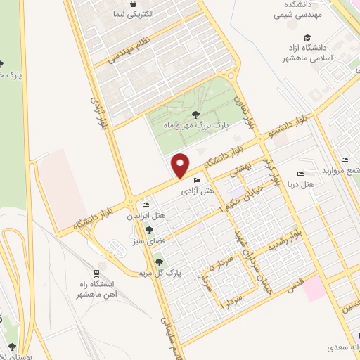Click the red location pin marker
(181, 166)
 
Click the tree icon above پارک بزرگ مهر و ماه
(195, 113)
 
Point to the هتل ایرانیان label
(149, 215)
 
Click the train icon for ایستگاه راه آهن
(97, 273)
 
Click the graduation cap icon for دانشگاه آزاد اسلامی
(307, 38)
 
